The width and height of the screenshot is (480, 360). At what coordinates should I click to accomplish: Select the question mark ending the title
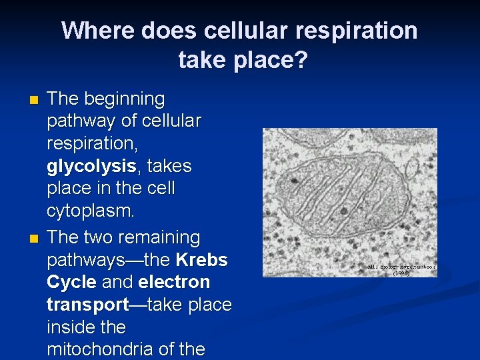tap(301, 61)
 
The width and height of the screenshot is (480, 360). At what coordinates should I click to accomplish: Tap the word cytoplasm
tap(91, 211)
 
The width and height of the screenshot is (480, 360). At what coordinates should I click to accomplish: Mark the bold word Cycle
tap(71, 283)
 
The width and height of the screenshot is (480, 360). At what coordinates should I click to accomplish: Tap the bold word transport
tap(87, 305)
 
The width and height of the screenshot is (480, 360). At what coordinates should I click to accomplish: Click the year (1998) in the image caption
tap(401, 273)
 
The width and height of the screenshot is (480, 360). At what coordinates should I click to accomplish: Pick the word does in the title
tap(165, 31)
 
